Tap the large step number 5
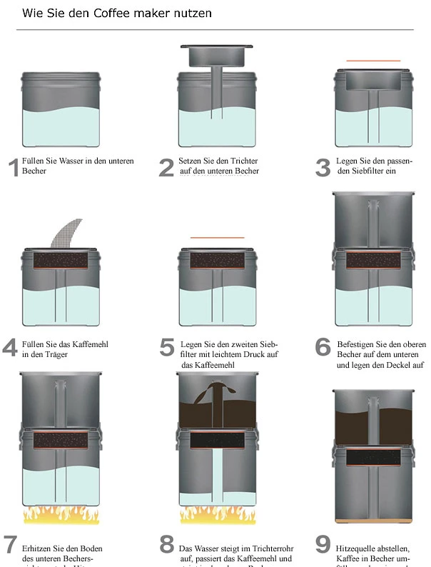(167, 348)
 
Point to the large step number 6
(323, 348)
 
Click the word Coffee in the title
(114, 13)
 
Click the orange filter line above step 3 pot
(374, 61)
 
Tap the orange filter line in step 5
(217, 237)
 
